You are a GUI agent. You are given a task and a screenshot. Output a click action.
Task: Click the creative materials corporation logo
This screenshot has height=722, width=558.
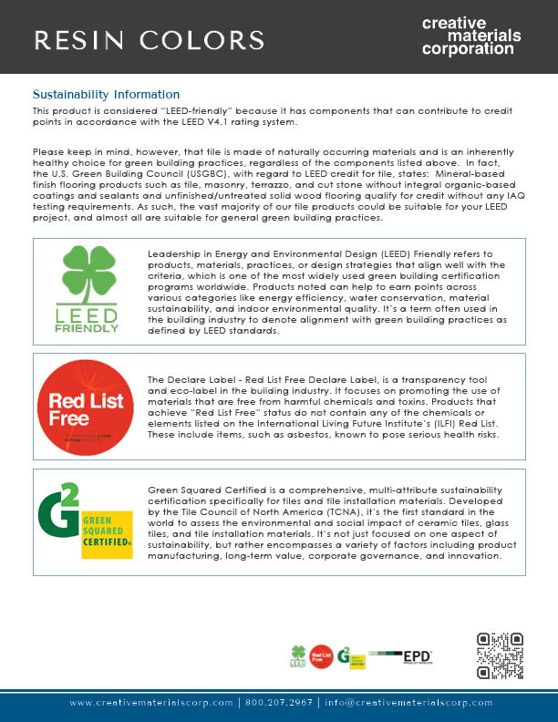pos(471,36)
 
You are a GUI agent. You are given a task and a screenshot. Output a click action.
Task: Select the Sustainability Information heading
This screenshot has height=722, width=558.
pos(106,95)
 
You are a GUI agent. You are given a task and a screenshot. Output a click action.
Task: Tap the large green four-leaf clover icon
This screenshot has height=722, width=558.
pos(86,271)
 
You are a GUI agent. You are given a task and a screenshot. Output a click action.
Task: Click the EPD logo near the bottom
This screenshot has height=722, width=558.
pos(416,656)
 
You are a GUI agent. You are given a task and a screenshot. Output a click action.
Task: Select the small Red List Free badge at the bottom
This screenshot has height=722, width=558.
pos(320,656)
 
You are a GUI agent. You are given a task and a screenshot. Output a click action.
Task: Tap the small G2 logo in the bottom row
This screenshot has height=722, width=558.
pos(344,655)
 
